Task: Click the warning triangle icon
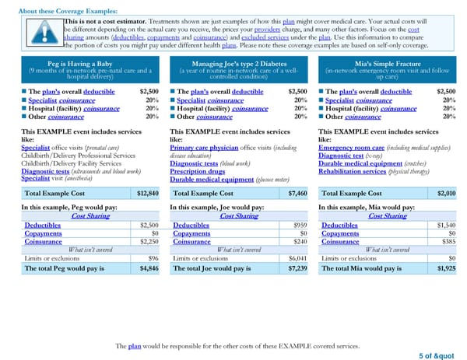pos(44,31)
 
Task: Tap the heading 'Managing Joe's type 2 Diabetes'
pos(233,64)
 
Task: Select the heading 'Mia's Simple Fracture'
pos(384,64)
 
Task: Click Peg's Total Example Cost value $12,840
pos(147,193)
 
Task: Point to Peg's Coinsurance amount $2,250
pos(149,241)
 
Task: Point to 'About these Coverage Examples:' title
pos(68,11)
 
